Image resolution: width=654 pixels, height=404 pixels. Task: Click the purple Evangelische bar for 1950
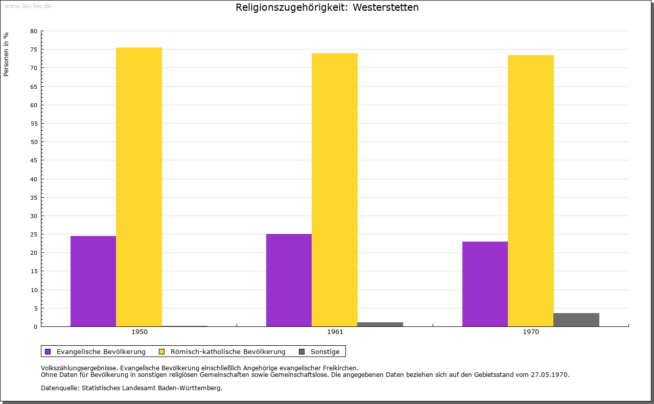tap(93, 281)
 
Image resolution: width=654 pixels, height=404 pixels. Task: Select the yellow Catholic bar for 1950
tap(139, 187)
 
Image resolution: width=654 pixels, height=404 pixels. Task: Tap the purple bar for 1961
tap(289, 280)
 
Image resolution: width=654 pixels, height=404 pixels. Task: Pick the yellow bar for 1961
tap(335, 189)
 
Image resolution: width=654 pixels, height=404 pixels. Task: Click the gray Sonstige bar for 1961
tap(380, 324)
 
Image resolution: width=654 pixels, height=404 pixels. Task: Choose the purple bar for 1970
tap(485, 284)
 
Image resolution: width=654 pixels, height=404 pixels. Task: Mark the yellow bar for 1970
tap(531, 191)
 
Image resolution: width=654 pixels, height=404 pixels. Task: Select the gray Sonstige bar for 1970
tap(576, 320)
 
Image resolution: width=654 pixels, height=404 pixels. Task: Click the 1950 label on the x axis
tap(139, 332)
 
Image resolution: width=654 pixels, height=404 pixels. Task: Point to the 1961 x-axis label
tap(335, 332)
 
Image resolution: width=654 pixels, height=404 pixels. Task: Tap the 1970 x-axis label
tap(531, 332)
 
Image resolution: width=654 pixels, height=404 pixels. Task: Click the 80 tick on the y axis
tap(34, 31)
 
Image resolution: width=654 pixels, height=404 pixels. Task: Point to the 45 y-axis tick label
tap(34, 160)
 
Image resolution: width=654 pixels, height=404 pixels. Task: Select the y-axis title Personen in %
tap(6, 54)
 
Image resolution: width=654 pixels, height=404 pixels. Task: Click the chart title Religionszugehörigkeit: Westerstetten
tap(327, 7)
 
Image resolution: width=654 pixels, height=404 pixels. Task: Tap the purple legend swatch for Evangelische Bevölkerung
tap(48, 352)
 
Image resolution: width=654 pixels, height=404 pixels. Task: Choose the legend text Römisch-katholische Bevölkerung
tap(228, 352)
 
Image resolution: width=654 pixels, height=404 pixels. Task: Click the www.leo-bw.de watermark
tap(28, 6)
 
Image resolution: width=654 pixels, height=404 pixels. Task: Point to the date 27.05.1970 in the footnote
tap(549, 375)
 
